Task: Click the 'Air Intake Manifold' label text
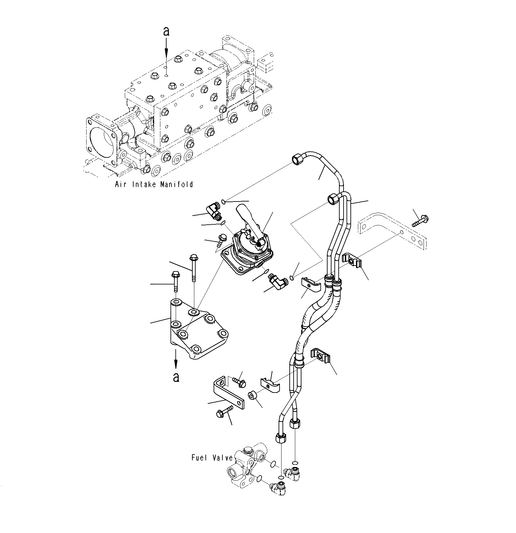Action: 154,185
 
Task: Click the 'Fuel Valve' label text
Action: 212,458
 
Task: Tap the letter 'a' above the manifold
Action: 166,31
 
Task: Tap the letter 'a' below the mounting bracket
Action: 176,377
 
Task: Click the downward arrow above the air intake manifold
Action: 166,47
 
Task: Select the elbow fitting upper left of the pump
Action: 213,211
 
